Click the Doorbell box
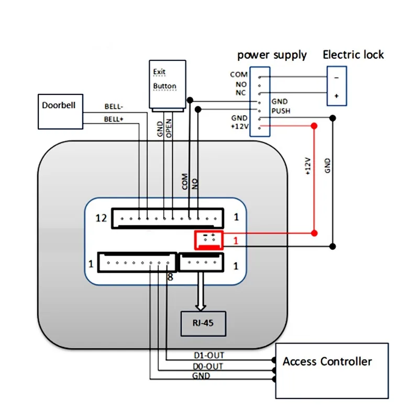point(60,112)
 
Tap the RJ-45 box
point(203,323)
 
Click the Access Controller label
point(327,361)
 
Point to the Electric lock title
point(353,54)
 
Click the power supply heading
point(272,55)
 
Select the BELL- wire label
point(114,106)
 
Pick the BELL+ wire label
point(114,119)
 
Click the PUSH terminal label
point(281,111)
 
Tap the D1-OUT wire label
point(209,355)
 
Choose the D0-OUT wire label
point(208,366)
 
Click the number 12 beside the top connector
point(101,218)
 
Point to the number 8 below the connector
point(170,277)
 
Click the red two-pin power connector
point(209,240)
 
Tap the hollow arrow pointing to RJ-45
point(201,291)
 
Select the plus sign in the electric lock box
point(336,96)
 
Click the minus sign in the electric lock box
point(336,78)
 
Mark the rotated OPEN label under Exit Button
point(169,128)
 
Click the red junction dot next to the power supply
point(314,126)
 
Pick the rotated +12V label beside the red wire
point(308,166)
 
